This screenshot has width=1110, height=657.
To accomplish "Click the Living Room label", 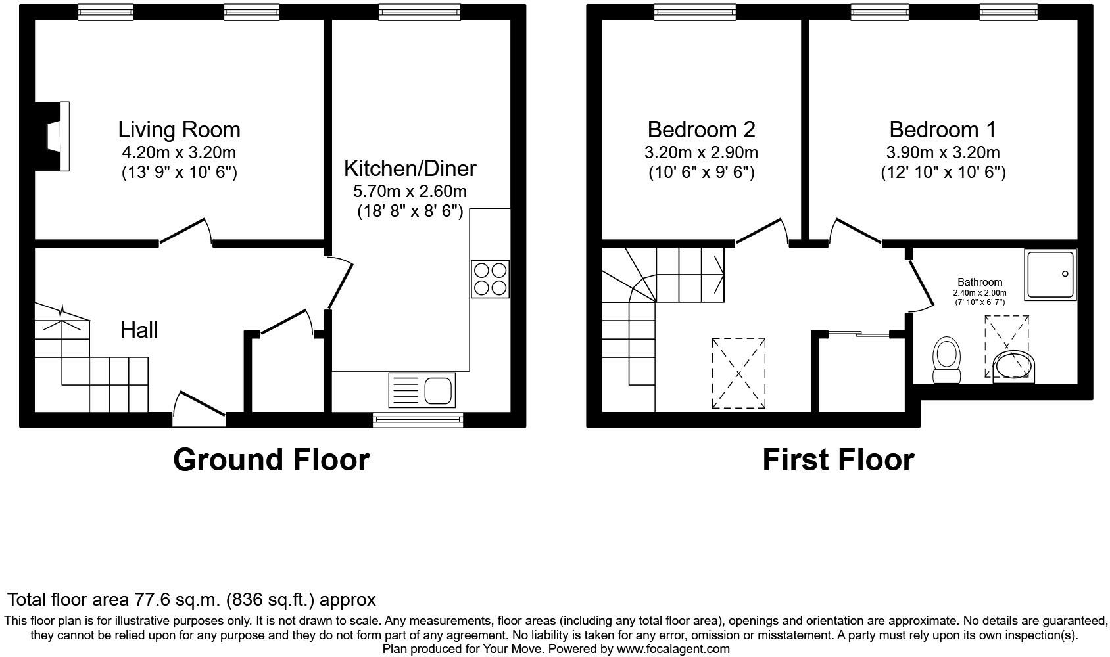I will tap(179, 129).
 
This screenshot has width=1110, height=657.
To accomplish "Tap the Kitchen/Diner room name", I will tap(410, 168).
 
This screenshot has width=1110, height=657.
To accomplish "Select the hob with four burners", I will tap(490, 279).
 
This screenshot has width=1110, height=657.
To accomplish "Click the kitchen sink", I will tap(422, 390).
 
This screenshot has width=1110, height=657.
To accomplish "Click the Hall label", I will tap(139, 330).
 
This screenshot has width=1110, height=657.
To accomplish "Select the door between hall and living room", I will tap(185, 233).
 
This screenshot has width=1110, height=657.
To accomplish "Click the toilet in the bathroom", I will tap(946, 360).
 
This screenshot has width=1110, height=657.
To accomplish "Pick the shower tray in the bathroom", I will tap(1050, 274).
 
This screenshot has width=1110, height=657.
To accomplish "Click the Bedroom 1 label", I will tap(942, 129).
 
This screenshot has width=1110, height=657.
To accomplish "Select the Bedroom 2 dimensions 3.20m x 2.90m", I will tap(701, 153).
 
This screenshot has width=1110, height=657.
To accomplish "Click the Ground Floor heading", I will tap(271, 460).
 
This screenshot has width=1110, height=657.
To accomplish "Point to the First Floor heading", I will tap(838, 460).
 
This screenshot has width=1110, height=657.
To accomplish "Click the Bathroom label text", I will tap(980, 282).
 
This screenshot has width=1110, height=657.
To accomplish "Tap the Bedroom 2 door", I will tap(763, 232).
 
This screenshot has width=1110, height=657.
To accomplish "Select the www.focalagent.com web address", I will tap(673, 649).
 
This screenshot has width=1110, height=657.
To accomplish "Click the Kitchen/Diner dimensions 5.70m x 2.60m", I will tap(410, 192).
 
